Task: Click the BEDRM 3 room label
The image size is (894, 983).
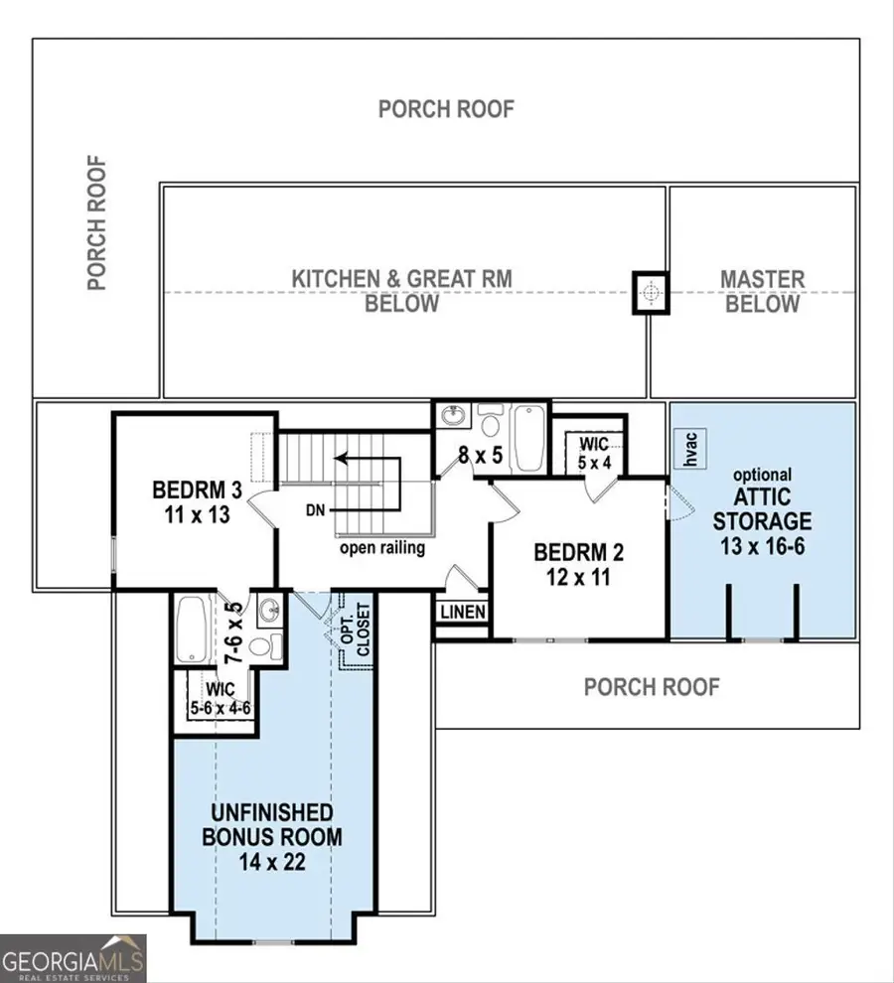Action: click(197, 502)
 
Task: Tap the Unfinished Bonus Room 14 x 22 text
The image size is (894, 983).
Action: click(271, 837)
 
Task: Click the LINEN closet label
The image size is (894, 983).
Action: click(463, 613)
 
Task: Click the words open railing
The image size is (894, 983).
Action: click(382, 548)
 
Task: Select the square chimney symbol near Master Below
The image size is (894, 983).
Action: click(651, 292)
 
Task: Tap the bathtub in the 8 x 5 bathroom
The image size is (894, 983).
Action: click(526, 437)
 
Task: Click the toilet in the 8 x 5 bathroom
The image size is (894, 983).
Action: click(489, 423)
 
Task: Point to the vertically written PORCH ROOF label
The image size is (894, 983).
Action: click(96, 222)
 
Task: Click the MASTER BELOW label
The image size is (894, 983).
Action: click(762, 292)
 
